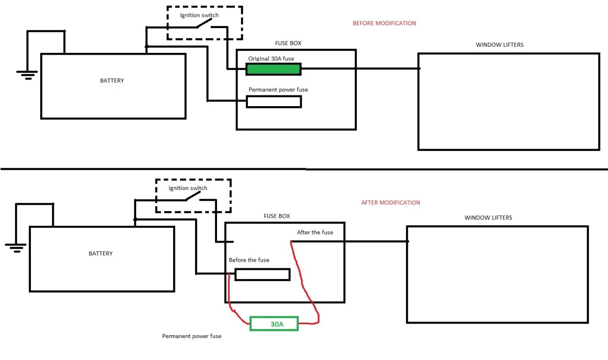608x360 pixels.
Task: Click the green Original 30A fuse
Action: (274, 69)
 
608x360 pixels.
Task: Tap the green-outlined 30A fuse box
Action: (274, 324)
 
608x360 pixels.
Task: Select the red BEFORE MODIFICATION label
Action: (384, 23)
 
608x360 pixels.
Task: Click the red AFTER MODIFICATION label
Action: (391, 202)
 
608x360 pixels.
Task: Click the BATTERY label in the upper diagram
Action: (112, 80)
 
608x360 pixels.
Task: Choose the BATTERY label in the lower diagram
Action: (101, 253)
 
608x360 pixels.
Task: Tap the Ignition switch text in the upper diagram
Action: (199, 15)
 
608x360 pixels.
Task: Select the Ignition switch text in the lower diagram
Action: (188, 188)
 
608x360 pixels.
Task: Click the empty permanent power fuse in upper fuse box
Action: (274, 101)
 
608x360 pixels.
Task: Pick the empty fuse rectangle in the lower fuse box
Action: (262, 274)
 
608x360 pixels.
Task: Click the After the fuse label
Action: (315, 232)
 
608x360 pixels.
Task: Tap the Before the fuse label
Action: (249, 260)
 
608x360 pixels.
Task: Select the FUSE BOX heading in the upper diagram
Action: (288, 43)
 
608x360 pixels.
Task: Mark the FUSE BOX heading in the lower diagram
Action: (277, 216)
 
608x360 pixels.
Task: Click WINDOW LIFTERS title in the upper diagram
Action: (499, 45)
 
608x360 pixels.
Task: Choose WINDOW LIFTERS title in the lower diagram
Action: (488, 217)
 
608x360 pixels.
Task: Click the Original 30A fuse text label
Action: (271, 58)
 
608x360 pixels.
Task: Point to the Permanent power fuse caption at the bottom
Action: (192, 336)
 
